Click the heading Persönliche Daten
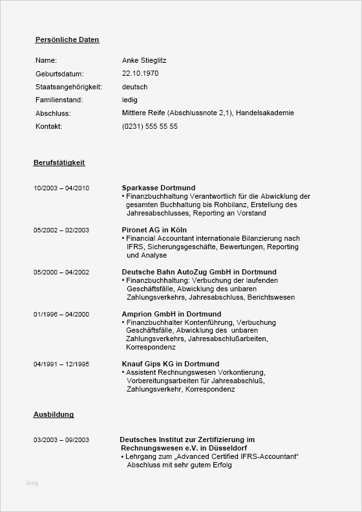(x=67, y=39)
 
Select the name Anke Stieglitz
(x=144, y=60)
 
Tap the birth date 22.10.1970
(x=140, y=73)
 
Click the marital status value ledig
(x=129, y=100)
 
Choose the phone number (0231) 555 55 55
(x=149, y=126)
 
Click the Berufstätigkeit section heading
(x=59, y=162)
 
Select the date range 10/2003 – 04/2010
(x=61, y=188)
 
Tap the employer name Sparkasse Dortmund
(x=158, y=188)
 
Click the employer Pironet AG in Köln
(x=154, y=230)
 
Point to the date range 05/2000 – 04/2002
(x=61, y=272)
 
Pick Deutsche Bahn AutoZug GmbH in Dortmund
(x=199, y=272)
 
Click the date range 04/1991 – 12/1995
(x=61, y=364)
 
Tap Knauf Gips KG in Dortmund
(x=171, y=364)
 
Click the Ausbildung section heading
(x=54, y=414)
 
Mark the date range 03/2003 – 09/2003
(x=61, y=440)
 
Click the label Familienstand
(x=59, y=100)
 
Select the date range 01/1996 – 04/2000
(x=61, y=314)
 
